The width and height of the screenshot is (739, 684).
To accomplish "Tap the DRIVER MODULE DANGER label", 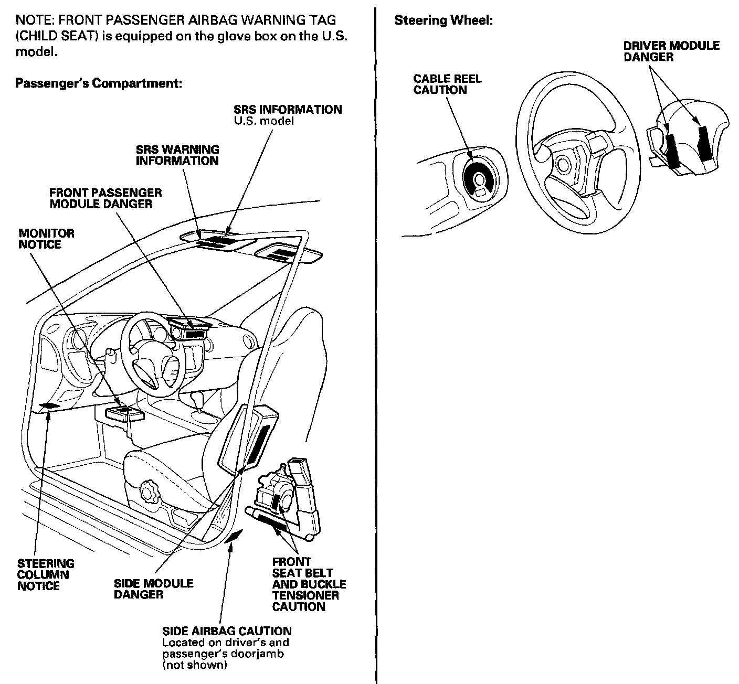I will click(671, 51).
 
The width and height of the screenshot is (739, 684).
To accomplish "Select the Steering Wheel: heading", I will click(443, 21).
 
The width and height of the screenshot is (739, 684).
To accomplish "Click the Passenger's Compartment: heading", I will click(98, 83).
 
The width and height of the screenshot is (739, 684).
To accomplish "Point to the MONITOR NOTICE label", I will click(46, 239).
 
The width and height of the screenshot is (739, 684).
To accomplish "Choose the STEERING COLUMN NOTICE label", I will click(46, 574).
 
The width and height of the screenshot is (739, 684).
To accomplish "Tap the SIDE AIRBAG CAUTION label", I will click(227, 631).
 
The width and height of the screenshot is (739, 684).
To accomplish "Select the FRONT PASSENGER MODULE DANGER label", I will click(105, 198).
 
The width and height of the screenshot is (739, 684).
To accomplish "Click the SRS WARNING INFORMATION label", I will click(177, 155).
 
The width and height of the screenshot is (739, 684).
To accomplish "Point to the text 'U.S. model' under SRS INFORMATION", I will click(263, 121).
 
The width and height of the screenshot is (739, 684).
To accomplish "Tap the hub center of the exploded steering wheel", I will click(564, 164).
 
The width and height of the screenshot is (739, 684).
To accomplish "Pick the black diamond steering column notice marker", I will click(49, 405).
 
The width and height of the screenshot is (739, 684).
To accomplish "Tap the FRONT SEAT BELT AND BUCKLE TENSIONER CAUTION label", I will click(309, 584).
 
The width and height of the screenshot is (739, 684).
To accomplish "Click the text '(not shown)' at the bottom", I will click(194, 665).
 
